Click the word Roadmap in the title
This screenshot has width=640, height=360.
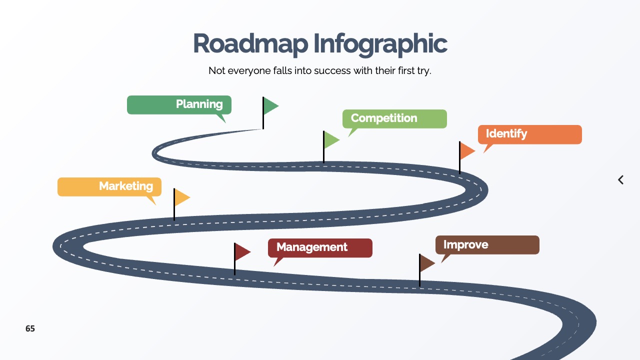click(250, 43)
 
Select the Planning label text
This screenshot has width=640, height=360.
click(199, 104)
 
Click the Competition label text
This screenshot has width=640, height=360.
click(384, 118)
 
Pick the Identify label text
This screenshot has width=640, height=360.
click(506, 133)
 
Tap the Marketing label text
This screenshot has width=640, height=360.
click(126, 186)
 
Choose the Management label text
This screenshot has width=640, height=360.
click(311, 247)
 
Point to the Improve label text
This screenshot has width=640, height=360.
click(465, 245)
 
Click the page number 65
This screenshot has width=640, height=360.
click(30, 328)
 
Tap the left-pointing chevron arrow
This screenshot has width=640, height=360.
click(620, 179)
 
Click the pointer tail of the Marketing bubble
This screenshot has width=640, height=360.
click(151, 200)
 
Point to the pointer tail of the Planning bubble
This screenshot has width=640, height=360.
click(221, 118)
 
